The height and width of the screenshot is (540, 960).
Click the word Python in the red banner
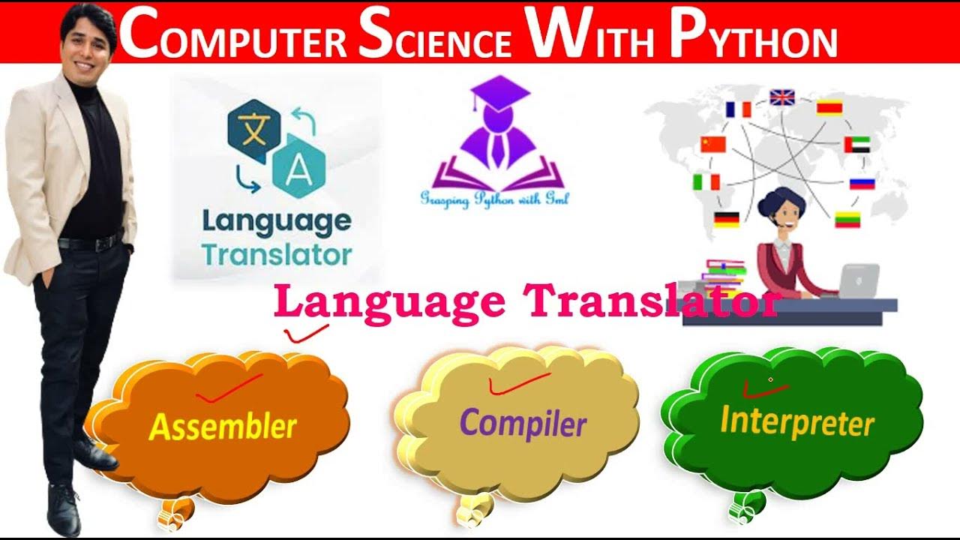753,36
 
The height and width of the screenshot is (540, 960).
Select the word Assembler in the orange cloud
223,426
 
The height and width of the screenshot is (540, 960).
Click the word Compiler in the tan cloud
523,424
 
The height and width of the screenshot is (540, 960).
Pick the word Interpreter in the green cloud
796,421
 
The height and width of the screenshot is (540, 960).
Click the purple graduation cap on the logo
499,93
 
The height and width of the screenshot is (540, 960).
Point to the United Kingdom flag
782,97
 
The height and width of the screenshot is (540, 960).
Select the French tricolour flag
738,109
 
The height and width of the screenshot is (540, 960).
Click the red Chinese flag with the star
713,144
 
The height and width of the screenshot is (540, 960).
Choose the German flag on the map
726,219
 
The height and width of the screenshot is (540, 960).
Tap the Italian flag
706,182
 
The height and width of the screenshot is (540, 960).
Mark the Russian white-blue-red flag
862,182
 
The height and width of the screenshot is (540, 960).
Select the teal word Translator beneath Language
277,254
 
